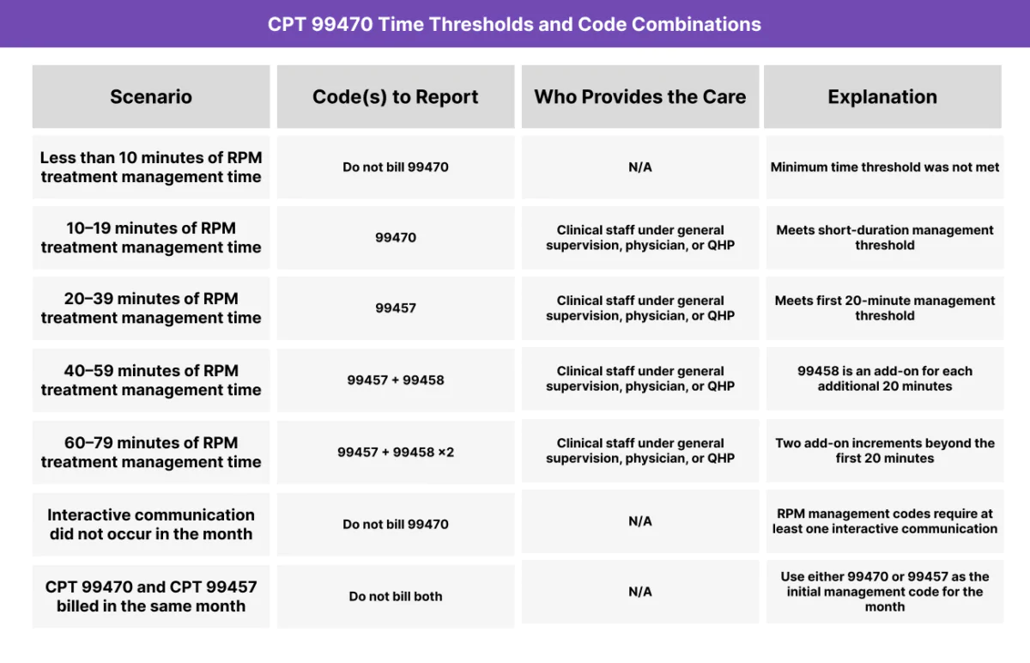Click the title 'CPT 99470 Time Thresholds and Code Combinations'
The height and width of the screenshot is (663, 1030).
click(x=514, y=24)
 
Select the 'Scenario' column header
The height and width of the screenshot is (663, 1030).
click(x=151, y=97)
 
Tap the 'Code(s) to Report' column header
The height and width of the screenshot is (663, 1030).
click(x=396, y=97)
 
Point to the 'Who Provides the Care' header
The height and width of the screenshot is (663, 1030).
click(x=640, y=97)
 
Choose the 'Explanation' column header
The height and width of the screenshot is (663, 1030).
click(x=882, y=97)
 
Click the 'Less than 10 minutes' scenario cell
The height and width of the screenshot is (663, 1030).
click(x=151, y=167)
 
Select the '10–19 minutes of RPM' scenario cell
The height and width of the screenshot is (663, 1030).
click(x=151, y=238)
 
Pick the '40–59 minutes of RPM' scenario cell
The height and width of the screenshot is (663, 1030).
click(x=151, y=380)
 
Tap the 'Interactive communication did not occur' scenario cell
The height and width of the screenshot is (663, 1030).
click(x=151, y=524)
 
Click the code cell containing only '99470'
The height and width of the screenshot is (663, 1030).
click(x=396, y=237)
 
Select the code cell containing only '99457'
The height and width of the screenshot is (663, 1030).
click(x=396, y=307)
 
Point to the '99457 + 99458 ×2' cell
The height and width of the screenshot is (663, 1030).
click(x=396, y=452)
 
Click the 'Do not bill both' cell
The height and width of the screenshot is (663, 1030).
click(x=396, y=596)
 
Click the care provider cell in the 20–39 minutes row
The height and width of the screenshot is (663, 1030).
click(x=640, y=308)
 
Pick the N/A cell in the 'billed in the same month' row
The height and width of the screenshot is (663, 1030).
click(x=640, y=592)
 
